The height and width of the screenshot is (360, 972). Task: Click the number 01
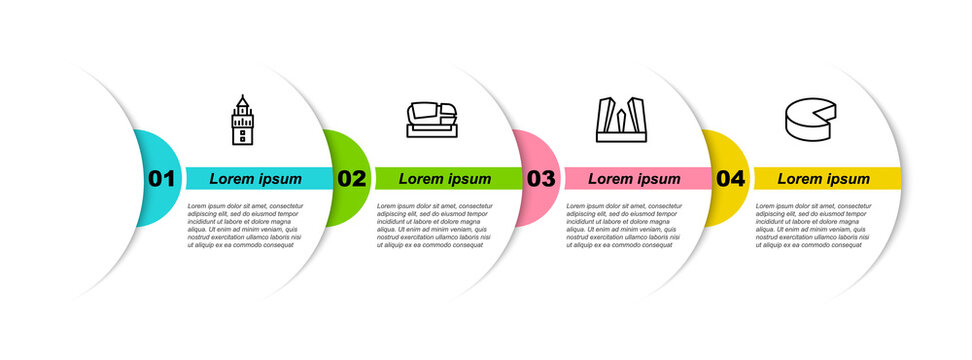coord(161,179)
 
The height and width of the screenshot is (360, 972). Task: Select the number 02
coord(351,179)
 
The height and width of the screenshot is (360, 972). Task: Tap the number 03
coord(541,179)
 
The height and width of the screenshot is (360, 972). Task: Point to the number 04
coord(731,179)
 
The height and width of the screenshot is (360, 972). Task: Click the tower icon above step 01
coord(241,121)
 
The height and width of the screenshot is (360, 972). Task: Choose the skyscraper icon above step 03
coord(620,121)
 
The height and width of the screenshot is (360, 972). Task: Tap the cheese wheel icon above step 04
coord(811,120)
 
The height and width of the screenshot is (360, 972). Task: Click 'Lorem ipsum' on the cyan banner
coord(255,179)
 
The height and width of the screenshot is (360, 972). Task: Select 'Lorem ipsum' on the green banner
coord(445,179)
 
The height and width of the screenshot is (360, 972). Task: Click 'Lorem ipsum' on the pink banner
coord(634,179)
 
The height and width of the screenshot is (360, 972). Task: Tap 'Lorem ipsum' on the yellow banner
coord(824,179)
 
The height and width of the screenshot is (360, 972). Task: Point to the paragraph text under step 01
coord(245,224)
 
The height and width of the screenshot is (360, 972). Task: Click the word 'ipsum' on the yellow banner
coord(847,179)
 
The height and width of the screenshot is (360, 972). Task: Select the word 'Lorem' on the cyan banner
coord(231,179)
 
